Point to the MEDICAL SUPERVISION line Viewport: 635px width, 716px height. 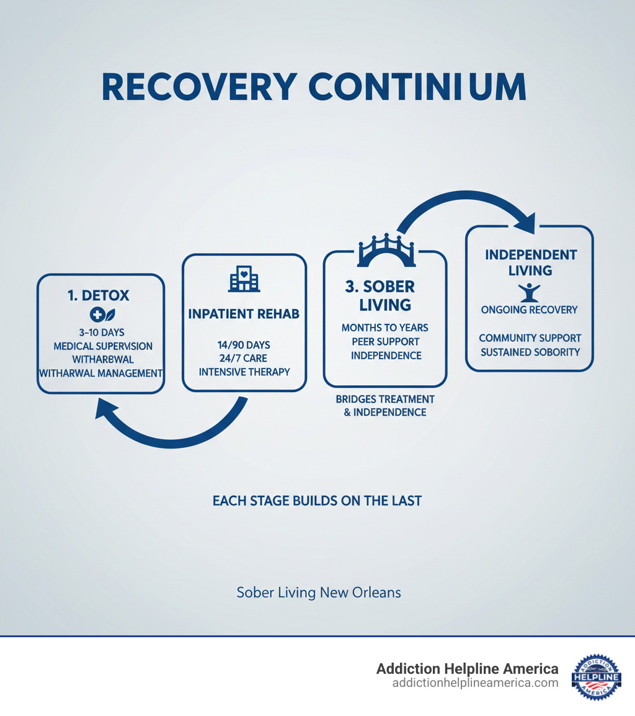pyautogui.click(x=102, y=346)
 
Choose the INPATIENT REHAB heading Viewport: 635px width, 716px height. pyautogui.click(x=244, y=314)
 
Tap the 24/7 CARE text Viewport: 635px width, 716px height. pyautogui.click(x=244, y=358)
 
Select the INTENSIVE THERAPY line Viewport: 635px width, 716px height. pyautogui.click(x=244, y=372)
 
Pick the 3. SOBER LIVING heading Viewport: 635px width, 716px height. pyautogui.click(x=380, y=296)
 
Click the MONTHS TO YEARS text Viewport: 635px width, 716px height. pyautogui.click(x=385, y=327)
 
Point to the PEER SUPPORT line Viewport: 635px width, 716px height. pyautogui.click(x=385, y=341)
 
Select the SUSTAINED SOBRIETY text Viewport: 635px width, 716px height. pyautogui.click(x=530, y=352)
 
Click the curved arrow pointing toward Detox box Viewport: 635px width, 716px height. pyautogui.click(x=167, y=428)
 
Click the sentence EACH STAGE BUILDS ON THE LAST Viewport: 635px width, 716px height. pyautogui.click(x=317, y=501)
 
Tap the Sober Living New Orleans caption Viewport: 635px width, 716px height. pyautogui.click(x=319, y=593)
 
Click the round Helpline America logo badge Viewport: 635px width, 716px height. pyautogui.click(x=596, y=676)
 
